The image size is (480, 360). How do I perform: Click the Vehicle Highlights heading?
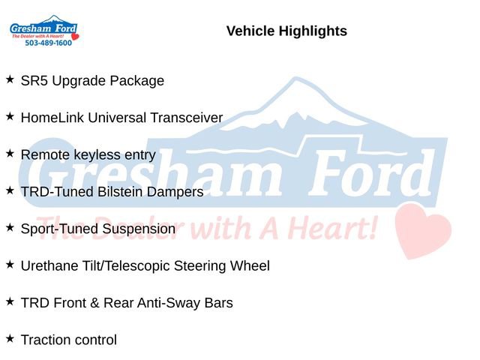286,31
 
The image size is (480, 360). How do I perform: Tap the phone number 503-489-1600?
48,43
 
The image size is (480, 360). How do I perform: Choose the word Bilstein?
124,192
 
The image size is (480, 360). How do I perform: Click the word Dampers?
178,192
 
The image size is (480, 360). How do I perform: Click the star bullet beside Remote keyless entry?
10,153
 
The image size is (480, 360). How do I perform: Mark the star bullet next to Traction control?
10,338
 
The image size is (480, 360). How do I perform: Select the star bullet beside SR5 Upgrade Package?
10,79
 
